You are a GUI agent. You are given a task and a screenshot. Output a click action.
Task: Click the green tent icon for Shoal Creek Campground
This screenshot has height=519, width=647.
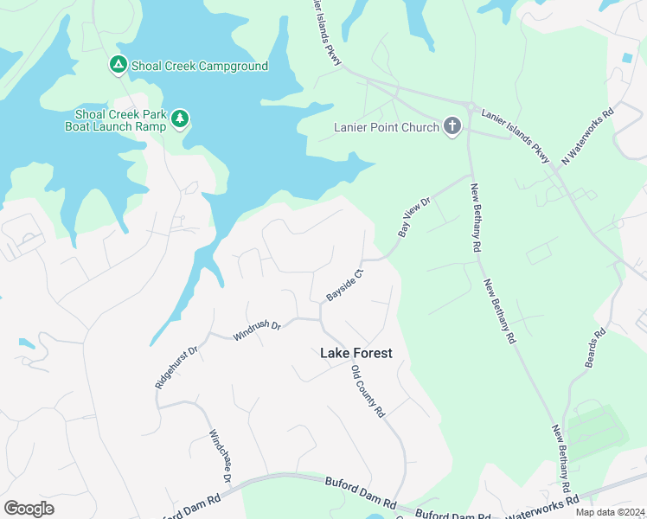(x=118, y=65)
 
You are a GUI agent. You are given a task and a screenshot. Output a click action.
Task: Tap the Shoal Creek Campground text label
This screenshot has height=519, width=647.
(x=199, y=66)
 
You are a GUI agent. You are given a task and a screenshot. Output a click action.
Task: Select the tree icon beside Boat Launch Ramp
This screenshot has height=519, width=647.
(x=180, y=119)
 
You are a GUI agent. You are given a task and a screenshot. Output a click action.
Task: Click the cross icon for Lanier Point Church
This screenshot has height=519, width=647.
(x=452, y=127)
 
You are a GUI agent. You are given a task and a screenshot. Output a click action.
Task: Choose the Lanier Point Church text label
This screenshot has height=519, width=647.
(x=386, y=128)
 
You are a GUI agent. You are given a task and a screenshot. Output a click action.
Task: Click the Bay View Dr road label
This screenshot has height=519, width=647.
(x=413, y=217)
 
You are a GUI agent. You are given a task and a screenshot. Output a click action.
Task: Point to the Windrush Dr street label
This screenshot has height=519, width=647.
(x=257, y=329)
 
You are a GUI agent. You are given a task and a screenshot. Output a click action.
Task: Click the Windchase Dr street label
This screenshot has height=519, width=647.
(x=221, y=455)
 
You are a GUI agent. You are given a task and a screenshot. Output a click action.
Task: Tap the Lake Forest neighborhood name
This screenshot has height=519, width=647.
(x=356, y=353)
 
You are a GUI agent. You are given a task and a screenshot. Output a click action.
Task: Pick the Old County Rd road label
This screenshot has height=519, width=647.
(x=368, y=392)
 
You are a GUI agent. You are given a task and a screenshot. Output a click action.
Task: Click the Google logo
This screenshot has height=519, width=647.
(x=29, y=509)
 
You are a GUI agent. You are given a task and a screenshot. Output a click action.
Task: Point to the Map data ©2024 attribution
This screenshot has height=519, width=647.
(x=610, y=511)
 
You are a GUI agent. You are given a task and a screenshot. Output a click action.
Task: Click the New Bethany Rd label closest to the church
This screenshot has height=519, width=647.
(x=475, y=218)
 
